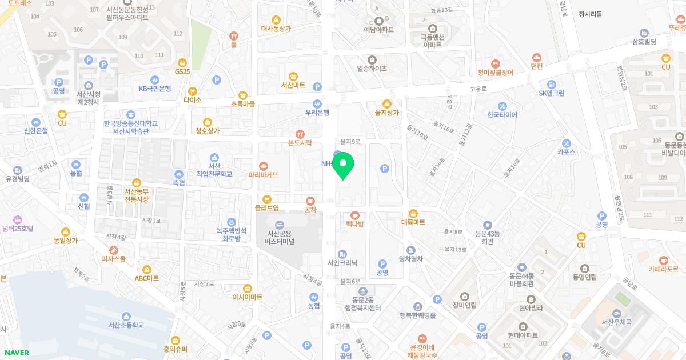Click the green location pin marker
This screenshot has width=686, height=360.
(343, 166)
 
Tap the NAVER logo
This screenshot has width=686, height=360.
(15, 353)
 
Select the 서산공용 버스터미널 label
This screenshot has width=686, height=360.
(279, 238)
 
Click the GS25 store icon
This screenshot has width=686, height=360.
(182, 62)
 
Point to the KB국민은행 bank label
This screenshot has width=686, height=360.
(154, 89)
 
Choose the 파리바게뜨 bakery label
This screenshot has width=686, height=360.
(264, 174)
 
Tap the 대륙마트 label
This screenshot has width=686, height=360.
(413, 222)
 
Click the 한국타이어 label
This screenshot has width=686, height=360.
(502, 115)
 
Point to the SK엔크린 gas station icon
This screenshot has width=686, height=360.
(551, 83)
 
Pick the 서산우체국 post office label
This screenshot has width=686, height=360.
(616, 322)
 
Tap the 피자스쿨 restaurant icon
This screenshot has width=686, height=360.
(114, 250)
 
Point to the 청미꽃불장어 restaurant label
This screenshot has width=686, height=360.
(496, 73)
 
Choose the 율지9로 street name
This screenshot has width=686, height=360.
(350, 141)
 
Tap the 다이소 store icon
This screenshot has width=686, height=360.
(193, 91)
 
